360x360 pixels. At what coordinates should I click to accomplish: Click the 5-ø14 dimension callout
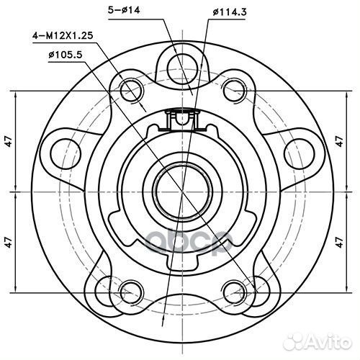(x=124, y=11)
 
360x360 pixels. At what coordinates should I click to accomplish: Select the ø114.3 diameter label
(x=230, y=12)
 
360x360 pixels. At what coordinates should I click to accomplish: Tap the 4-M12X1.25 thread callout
(x=63, y=36)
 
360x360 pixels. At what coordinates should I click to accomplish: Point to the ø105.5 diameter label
(x=66, y=55)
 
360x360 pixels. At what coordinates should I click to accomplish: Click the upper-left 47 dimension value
(x=9, y=141)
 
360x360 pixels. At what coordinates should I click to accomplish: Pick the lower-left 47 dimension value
(x=9, y=242)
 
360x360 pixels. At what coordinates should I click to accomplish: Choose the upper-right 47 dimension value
(x=339, y=141)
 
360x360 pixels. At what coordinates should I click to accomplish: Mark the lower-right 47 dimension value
(x=339, y=242)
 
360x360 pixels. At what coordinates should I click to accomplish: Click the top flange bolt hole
(x=182, y=67)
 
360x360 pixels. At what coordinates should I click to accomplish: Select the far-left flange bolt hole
(x=66, y=153)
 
